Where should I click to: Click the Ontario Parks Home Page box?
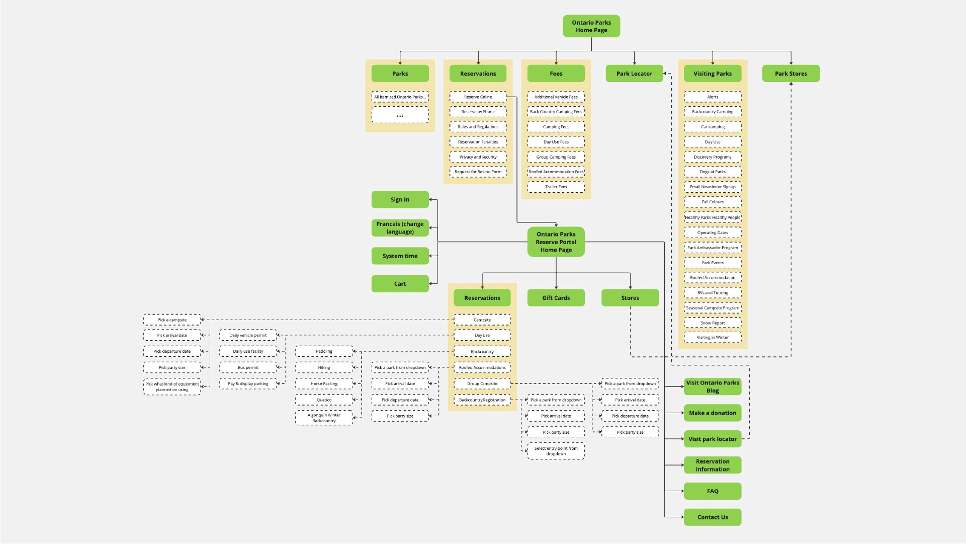[x=591, y=26]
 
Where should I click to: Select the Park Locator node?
[x=634, y=73]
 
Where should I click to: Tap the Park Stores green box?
[x=791, y=73]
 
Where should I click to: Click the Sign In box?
[x=400, y=200]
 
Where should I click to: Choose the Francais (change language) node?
[x=400, y=228]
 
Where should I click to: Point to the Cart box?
[x=400, y=284]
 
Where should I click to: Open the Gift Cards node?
[x=556, y=298]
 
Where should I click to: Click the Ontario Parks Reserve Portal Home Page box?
[x=556, y=242]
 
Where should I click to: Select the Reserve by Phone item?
[x=478, y=112]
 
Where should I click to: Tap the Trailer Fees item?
[x=556, y=187]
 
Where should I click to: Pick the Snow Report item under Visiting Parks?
[x=713, y=323]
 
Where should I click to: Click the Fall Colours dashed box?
[x=713, y=202]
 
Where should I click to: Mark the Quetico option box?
[x=324, y=400]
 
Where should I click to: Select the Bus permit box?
[x=248, y=367]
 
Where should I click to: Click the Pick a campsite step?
[x=172, y=320]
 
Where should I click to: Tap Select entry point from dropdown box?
[x=556, y=451]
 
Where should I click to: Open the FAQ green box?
[x=713, y=491]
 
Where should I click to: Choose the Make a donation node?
[x=713, y=413]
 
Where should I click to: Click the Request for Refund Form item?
[x=478, y=172]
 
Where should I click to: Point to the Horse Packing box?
[x=324, y=383]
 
